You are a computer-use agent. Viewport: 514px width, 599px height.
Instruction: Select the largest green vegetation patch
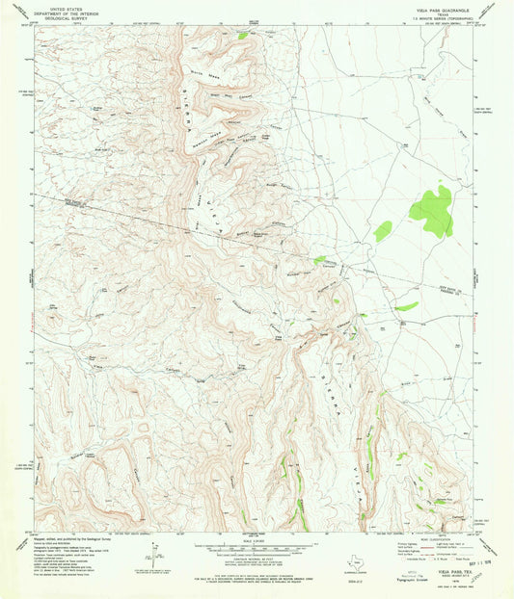[x=432, y=209]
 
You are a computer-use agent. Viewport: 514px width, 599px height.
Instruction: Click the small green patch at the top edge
[x=241, y=35]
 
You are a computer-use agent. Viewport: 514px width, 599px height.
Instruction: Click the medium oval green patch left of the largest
[x=383, y=230]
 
